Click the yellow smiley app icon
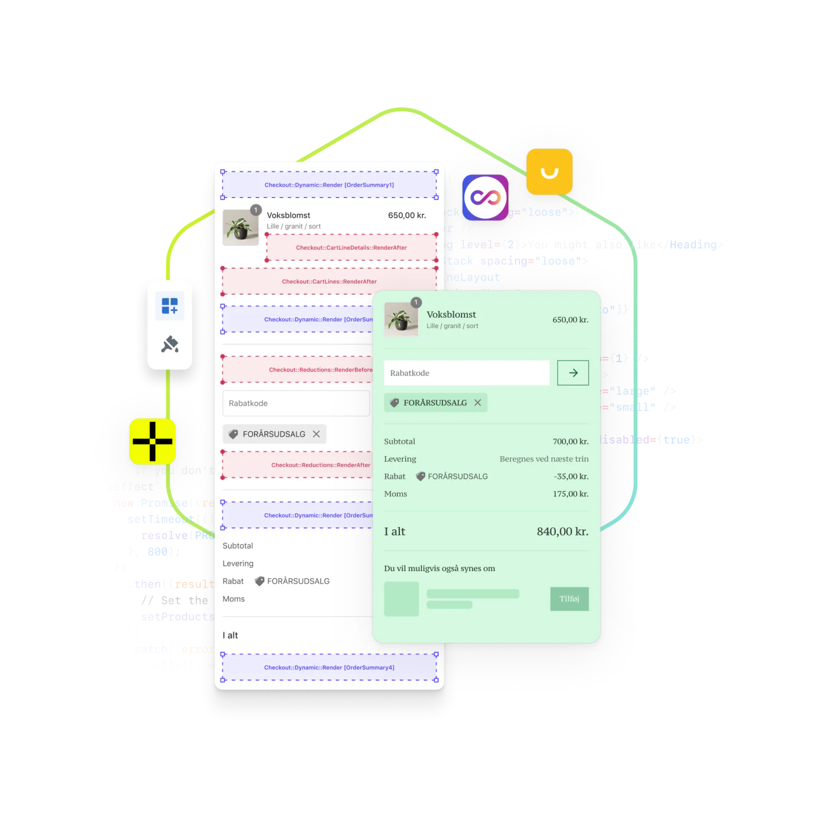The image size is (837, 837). coord(549,172)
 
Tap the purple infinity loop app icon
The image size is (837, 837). coord(485,198)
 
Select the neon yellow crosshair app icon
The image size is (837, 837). coord(152,442)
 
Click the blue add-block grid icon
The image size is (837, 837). coord(170,306)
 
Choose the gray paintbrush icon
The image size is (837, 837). coord(170,344)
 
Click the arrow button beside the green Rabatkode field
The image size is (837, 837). coord(573,372)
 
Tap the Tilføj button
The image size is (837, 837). coord(569,599)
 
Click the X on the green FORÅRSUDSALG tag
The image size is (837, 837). coord(478,403)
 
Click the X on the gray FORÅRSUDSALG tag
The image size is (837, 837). coord(316,434)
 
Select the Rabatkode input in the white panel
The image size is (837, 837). coord(296,403)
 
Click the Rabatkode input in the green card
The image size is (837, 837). coord(467,372)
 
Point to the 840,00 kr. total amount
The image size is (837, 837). coord(562,531)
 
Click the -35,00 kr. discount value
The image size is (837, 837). coord(571,477)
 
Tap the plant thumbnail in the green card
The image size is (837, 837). coord(401,320)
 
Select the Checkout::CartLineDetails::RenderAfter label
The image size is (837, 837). coord(352,248)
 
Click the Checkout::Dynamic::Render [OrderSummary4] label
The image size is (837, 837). coord(329,668)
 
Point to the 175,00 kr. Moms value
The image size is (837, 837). coord(570,494)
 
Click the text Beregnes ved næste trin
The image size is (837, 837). coord(544,459)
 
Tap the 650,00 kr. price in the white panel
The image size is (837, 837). coord(407,215)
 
